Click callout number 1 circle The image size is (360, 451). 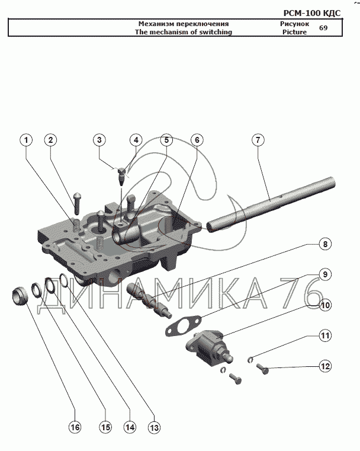click(x=26, y=140)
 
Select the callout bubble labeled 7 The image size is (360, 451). click(x=258, y=140)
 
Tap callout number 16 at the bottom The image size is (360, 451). click(x=75, y=427)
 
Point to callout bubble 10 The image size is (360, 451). click(x=325, y=305)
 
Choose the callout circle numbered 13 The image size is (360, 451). click(x=155, y=428)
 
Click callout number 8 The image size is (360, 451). click(x=325, y=244)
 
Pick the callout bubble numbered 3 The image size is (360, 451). click(x=99, y=140)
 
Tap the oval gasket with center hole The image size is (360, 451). click(x=183, y=326)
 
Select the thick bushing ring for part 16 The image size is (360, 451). click(x=20, y=296)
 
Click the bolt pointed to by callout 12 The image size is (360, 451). click(x=262, y=368)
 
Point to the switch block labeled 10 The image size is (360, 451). click(x=209, y=347)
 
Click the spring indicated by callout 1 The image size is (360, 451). click(x=76, y=225)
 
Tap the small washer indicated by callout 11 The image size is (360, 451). click(x=250, y=359)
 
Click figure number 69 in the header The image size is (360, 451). click(x=323, y=28)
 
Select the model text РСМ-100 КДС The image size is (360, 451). click(x=311, y=13)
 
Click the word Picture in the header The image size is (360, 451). click(x=294, y=32)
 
